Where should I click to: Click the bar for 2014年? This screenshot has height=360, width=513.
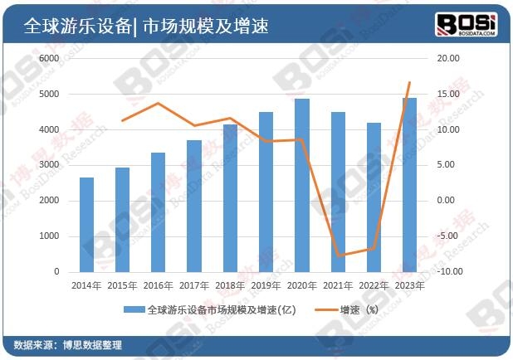click(86, 224)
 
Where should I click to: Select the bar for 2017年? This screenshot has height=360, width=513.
click(193, 206)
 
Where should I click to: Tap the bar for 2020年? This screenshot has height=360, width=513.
click(302, 185)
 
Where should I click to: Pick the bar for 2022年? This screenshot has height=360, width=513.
click(374, 197)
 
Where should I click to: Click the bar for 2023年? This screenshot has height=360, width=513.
click(409, 184)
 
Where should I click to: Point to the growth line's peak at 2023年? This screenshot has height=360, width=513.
click(409, 82)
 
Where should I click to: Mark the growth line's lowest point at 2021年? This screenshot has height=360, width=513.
click(338, 255)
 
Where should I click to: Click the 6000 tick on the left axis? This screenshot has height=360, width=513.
click(50, 59)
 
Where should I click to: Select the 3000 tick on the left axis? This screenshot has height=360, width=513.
click(50, 165)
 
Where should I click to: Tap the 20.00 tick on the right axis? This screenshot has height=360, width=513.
click(448, 59)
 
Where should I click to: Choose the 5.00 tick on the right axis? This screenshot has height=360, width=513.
click(448, 165)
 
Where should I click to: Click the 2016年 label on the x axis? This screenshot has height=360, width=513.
click(159, 285)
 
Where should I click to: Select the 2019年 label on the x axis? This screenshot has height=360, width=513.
click(266, 285)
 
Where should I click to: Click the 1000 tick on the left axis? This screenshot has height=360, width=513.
click(50, 236)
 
